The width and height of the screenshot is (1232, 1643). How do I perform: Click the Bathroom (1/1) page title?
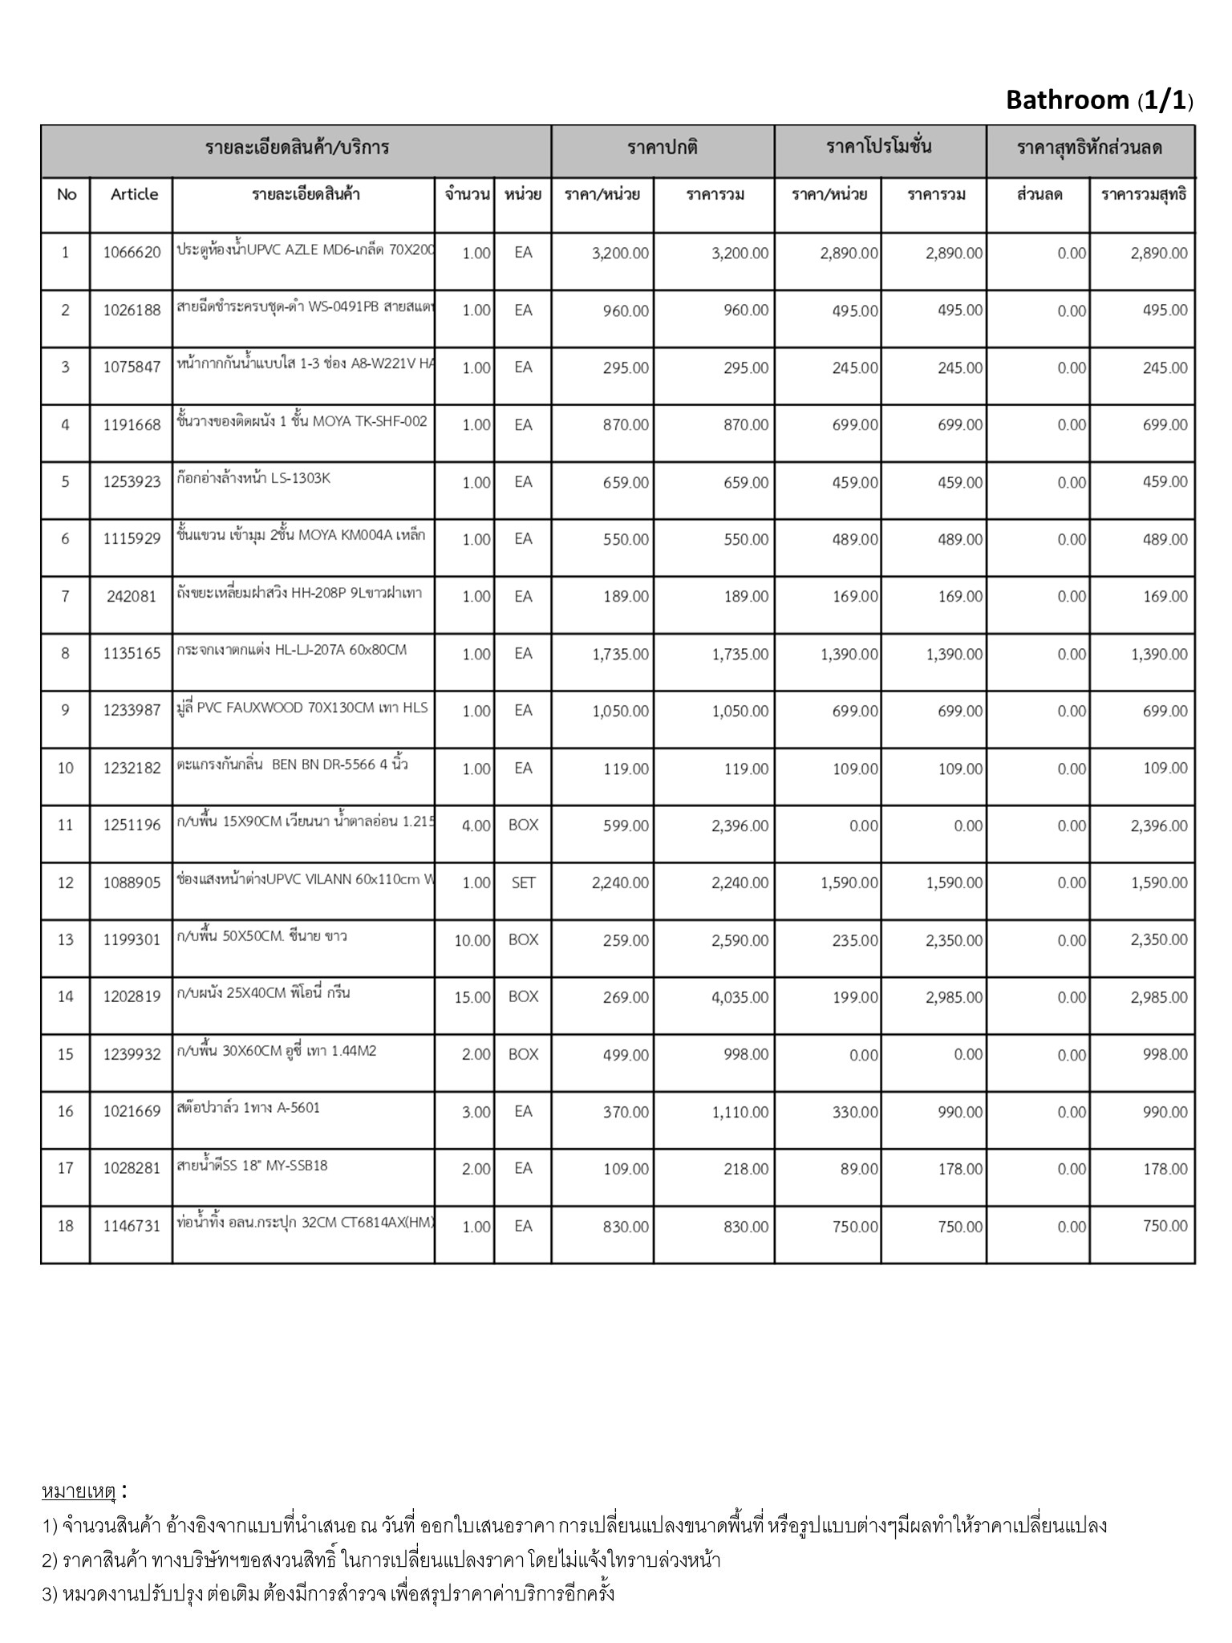pos(1099,100)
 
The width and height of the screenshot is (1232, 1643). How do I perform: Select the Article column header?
pos(134,194)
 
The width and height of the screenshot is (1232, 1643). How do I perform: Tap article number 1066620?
pos(132,254)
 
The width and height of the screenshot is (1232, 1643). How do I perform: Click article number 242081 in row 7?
pos(132,597)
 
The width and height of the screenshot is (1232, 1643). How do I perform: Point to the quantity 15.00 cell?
pos(472,997)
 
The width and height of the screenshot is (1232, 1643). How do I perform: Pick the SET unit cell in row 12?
pos(523,882)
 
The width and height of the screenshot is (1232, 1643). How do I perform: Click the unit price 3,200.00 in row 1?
pos(620,254)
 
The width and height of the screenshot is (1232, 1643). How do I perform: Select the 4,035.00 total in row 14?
pos(740,997)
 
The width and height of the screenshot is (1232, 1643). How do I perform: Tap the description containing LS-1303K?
pos(253,479)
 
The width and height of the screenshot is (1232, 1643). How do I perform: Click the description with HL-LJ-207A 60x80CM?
pos(292,650)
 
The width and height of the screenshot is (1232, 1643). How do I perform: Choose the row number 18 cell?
pos(66,1226)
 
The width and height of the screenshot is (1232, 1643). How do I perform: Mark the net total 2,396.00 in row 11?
pos(1159,826)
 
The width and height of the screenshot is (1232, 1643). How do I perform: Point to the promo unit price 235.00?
pos(855,940)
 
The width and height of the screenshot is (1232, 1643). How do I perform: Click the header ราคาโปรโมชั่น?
pos(879,148)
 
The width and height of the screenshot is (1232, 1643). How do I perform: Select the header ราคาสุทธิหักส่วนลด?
pos(1089,148)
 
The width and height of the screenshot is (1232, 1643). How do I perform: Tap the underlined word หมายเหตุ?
pos(79,1491)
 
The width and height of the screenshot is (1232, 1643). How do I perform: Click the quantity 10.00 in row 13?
pos(472,940)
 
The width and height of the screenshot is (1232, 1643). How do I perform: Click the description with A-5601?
pos(249,1108)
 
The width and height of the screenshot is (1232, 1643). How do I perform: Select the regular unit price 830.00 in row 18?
pos(626,1226)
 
